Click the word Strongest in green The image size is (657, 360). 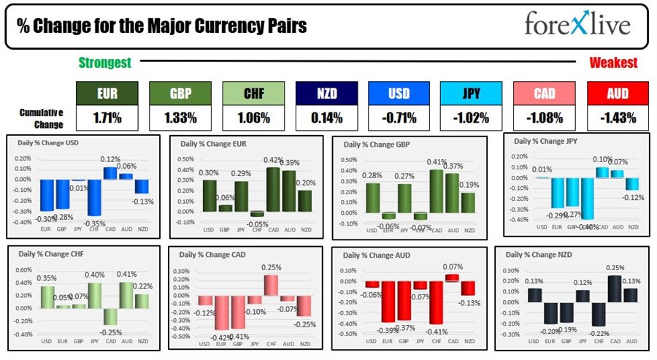click(105, 63)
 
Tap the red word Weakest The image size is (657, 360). click(613, 63)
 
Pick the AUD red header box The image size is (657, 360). click(617, 93)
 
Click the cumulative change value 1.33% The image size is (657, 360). click(180, 117)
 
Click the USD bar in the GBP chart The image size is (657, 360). click(372, 197)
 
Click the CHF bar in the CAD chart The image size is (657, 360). click(270, 285)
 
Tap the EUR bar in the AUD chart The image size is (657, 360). click(389, 301)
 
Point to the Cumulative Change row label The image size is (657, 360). click(41, 117)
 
